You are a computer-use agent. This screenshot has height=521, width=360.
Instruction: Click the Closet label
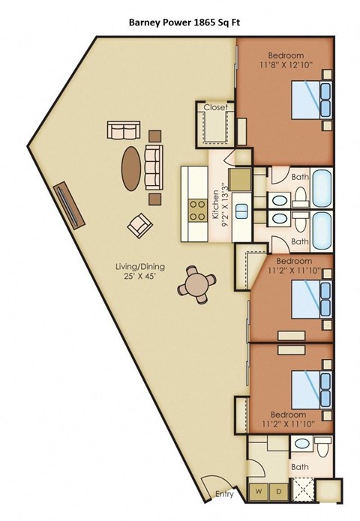click(215, 107)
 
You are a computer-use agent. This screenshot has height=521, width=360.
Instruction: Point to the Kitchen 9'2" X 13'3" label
click(218, 203)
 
